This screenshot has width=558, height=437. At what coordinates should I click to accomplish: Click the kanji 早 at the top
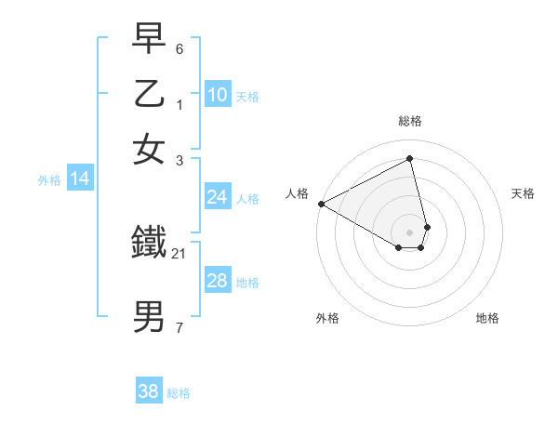(149, 40)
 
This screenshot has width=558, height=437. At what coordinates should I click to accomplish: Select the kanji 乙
(149, 94)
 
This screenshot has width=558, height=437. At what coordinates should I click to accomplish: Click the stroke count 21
(179, 253)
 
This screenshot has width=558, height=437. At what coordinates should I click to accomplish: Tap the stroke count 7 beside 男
(179, 326)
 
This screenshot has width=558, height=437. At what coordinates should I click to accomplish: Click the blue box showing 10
(217, 94)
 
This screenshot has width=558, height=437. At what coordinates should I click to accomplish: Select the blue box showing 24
(217, 196)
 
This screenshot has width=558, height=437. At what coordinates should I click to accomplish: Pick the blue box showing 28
(217, 281)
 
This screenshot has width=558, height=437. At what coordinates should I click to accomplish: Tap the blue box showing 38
(148, 391)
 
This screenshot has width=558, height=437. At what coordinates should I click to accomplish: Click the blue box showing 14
(79, 179)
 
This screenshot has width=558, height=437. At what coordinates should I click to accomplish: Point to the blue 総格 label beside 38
(179, 393)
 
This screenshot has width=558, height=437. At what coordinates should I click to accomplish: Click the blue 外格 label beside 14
(49, 180)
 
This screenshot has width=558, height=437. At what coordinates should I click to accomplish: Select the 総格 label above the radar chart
(410, 121)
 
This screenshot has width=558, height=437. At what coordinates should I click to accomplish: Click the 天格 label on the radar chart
(523, 193)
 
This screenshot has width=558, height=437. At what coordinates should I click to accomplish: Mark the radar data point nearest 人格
(321, 204)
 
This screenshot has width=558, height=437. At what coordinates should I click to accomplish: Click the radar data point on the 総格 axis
(410, 158)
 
